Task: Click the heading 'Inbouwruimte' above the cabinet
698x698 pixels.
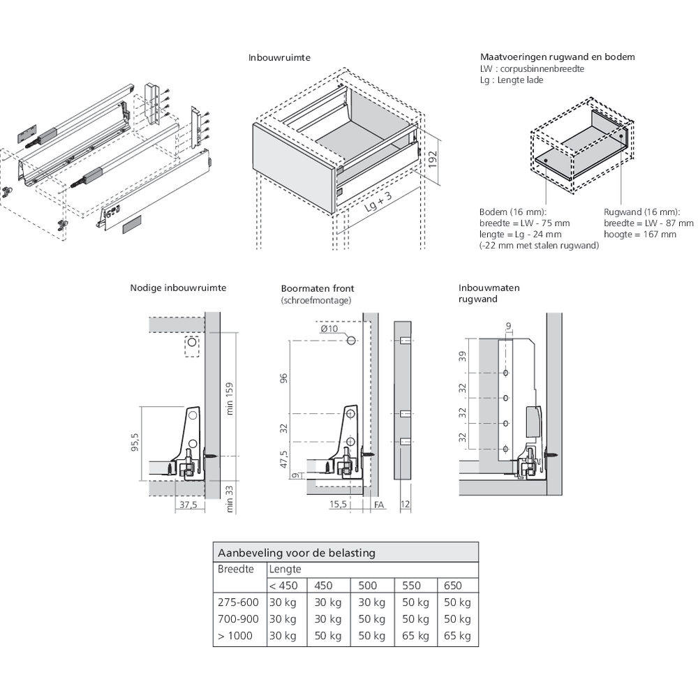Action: pyautogui.click(x=279, y=58)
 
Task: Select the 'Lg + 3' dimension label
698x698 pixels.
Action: pyautogui.click(x=378, y=206)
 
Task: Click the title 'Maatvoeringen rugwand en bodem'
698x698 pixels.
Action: pyautogui.click(x=557, y=57)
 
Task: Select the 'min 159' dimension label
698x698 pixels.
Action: pyautogui.click(x=231, y=399)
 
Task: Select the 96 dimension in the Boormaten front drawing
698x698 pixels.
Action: pyautogui.click(x=283, y=378)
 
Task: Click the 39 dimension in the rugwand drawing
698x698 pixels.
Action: pyautogui.click(x=462, y=357)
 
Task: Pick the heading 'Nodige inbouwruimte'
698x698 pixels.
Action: pyautogui.click(x=177, y=288)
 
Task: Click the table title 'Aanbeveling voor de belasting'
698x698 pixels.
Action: pyautogui.click(x=297, y=553)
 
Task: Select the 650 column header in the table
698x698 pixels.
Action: pyautogui.click(x=453, y=586)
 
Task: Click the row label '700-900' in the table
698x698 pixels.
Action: pyautogui.click(x=238, y=619)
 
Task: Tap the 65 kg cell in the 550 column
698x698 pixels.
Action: pyautogui.click(x=415, y=636)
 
